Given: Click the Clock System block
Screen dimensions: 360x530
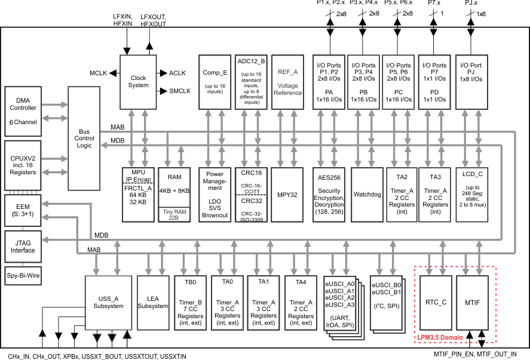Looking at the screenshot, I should click(x=138, y=81).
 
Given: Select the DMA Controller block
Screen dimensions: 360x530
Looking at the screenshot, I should click(x=23, y=111).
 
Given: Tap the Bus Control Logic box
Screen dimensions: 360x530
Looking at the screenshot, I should click(x=84, y=139).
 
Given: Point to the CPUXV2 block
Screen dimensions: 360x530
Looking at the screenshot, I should click(x=23, y=164).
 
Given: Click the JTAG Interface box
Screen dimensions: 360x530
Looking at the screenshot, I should click(x=23, y=246).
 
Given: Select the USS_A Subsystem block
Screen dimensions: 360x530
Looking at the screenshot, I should click(x=108, y=302).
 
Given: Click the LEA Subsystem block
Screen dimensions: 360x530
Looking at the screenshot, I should click(x=154, y=302).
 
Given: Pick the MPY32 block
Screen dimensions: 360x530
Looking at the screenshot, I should click(x=287, y=194).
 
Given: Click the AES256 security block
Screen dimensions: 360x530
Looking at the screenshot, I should click(x=328, y=194).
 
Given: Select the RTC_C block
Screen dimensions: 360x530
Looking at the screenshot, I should click(x=436, y=302).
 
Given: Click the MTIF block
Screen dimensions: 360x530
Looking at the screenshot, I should click(x=472, y=302).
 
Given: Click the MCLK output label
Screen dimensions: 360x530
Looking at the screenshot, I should click(x=98, y=73).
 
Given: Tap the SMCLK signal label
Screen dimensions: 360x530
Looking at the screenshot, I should click(x=180, y=91).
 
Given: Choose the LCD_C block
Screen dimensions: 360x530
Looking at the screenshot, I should click(x=472, y=194).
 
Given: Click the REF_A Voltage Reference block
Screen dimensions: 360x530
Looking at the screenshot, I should click(x=287, y=81).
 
